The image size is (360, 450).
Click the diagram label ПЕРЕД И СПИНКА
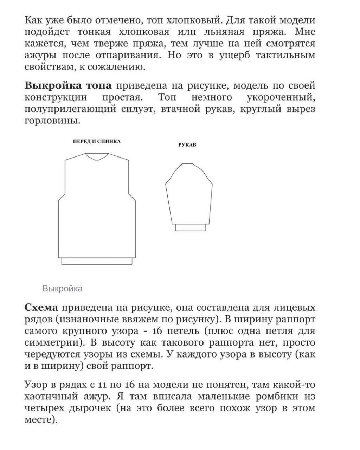pyautogui.click(x=97, y=141)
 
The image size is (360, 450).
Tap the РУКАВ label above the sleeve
pyautogui.click(x=187, y=145)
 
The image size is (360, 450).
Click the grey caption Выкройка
pyautogui.click(x=63, y=289)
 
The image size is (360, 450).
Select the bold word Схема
pyautogui.click(x=41, y=308)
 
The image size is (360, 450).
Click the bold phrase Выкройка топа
pyautogui.click(x=69, y=85)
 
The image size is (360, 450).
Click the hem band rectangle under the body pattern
pyautogui.click(x=97, y=261)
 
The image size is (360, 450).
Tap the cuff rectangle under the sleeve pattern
pyautogui.click(x=190, y=227)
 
